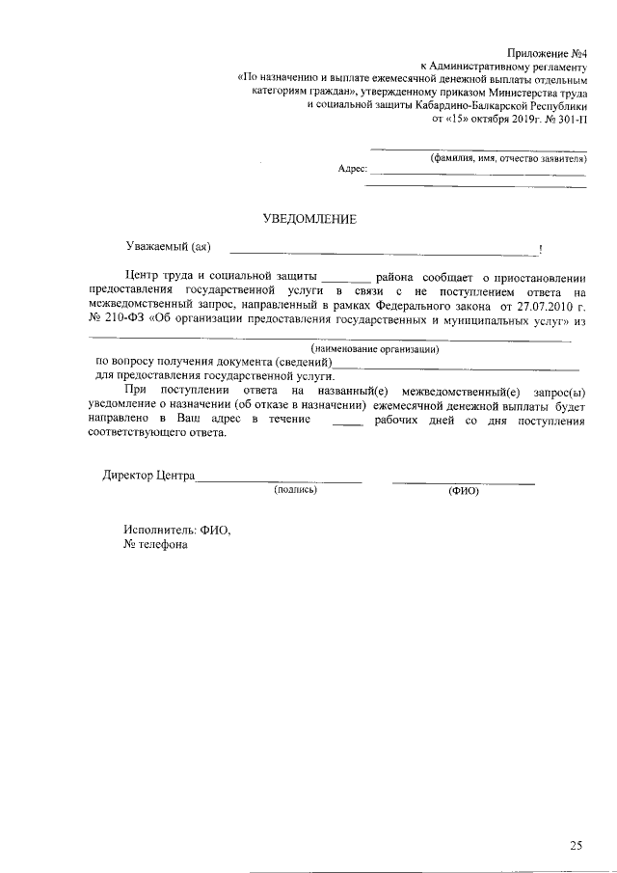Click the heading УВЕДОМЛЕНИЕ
coord(309,219)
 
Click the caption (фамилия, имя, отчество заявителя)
coord(508,156)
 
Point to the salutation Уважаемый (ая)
coord(169,248)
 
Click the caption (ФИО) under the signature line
coord(464,490)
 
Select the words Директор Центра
coord(148,476)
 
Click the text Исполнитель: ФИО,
coord(177,529)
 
